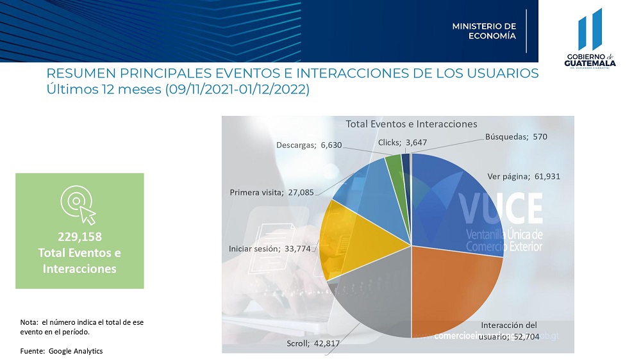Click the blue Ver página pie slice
coord(455,205)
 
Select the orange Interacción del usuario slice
coord(455,288)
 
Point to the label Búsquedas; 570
coord(516,136)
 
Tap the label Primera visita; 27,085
coord(272,192)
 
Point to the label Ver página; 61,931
coord(524,177)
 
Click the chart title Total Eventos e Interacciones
coord(412,124)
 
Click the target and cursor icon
coord(78,204)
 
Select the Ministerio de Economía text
coord(484,31)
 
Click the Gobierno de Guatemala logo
coord(590,38)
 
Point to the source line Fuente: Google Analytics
coord(62,351)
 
